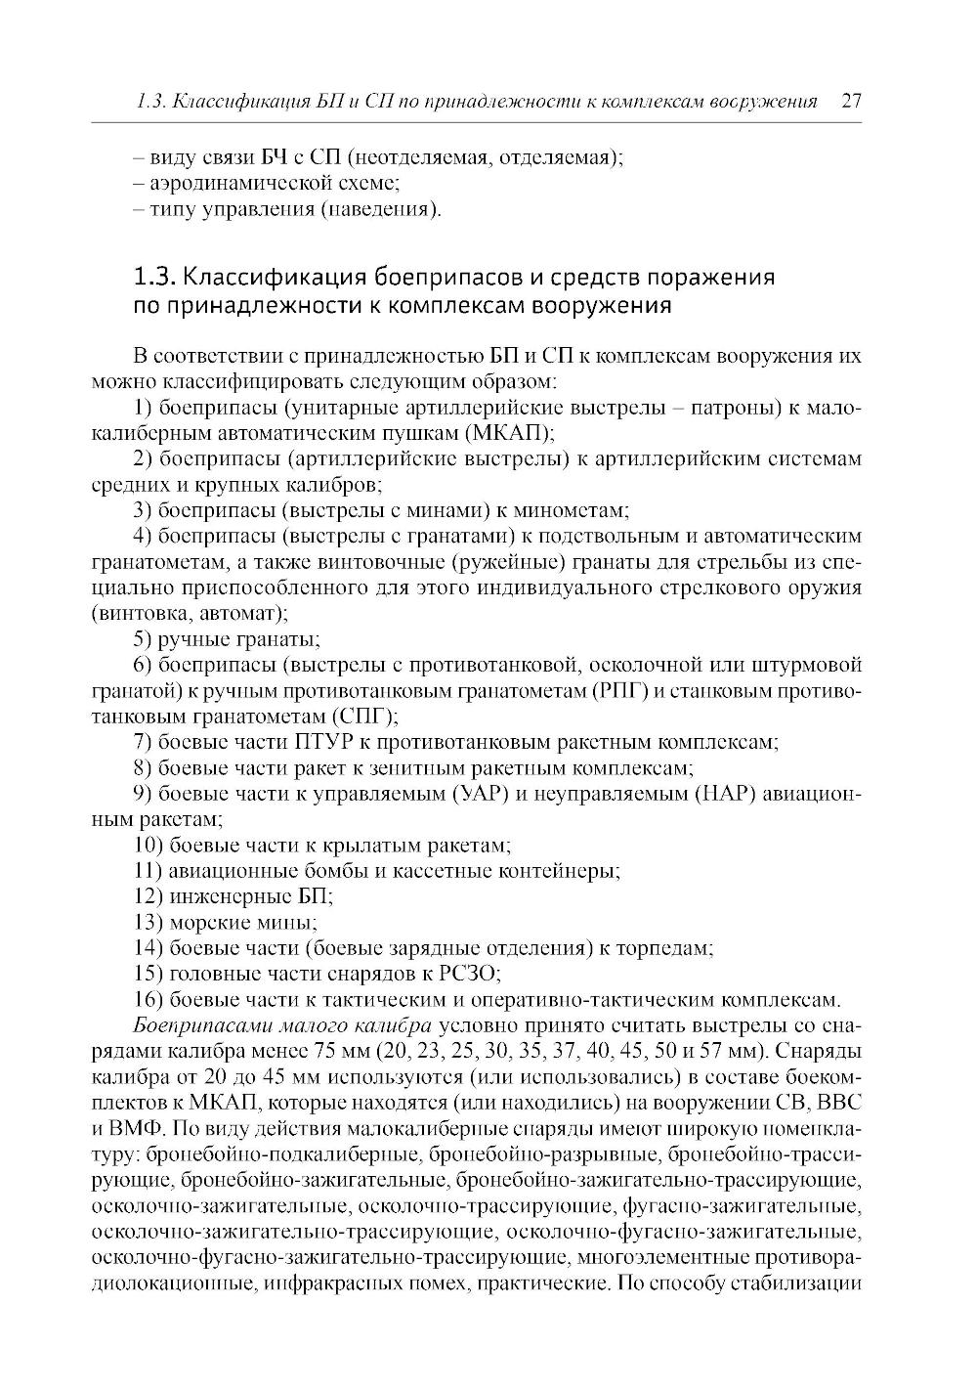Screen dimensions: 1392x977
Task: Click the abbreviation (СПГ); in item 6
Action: click(358, 717)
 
